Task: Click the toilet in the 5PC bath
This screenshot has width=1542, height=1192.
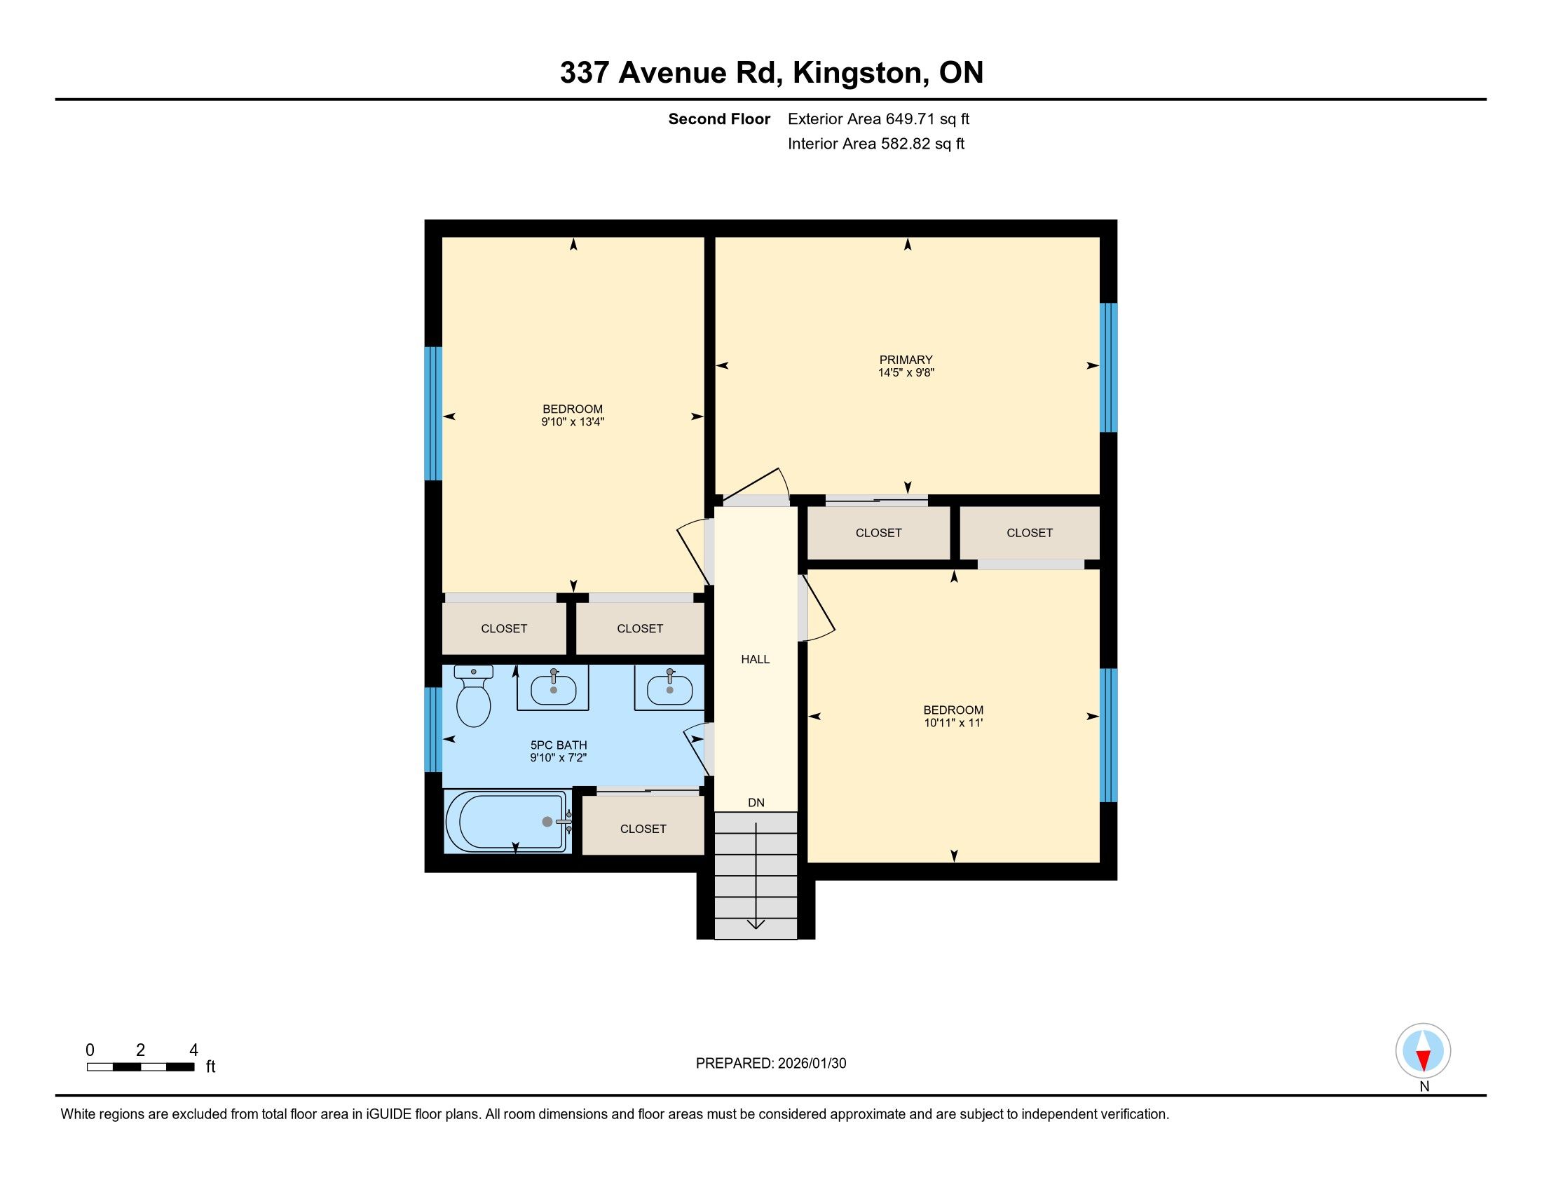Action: (473, 696)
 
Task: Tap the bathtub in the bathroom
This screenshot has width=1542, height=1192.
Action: (506, 821)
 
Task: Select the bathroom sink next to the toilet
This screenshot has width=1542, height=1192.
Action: (553, 688)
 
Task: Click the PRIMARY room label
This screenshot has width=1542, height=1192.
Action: (906, 360)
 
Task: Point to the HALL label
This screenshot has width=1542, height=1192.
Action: (756, 660)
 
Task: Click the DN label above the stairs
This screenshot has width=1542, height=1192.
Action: (756, 803)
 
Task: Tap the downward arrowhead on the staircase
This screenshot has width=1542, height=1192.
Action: (756, 923)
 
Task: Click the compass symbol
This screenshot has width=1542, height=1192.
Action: (1424, 1051)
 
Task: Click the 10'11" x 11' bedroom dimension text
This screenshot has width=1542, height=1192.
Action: (954, 723)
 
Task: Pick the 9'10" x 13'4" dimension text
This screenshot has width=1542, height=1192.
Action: (573, 422)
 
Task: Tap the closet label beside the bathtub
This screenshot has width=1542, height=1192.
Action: (643, 829)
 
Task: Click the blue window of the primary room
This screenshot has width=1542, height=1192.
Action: (1110, 367)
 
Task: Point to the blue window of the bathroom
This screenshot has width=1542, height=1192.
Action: (432, 729)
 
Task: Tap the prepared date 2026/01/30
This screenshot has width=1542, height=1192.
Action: (812, 1064)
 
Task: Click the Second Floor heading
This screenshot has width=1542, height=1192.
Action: (718, 119)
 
